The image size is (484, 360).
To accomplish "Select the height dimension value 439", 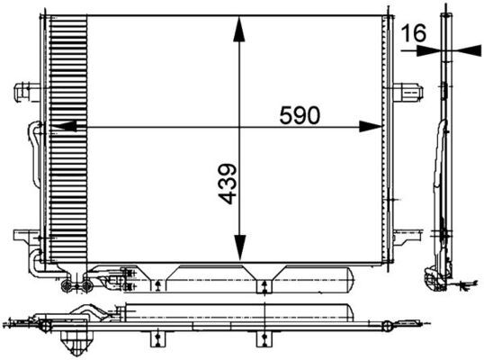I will point(226,184).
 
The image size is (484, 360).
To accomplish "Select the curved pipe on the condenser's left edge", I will point(35,144).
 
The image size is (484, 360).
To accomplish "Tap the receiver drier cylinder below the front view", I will point(261,278).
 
